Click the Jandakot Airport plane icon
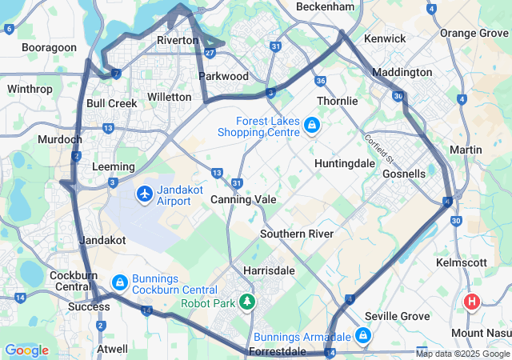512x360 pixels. click(145, 194)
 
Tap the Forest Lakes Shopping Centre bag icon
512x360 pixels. click(311, 125)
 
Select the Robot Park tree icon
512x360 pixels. click(248, 302)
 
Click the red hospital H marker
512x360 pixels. click(472, 302)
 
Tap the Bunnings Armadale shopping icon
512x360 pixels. click(363, 334)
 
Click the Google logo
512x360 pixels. click(26, 350)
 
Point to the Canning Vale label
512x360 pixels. click(243, 199)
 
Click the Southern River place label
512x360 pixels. click(297, 234)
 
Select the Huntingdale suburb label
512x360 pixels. click(346, 163)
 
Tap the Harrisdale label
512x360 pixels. click(269, 270)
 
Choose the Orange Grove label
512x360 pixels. click(474, 33)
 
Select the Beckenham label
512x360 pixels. click(325, 6)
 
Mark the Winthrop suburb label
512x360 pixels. click(29, 89)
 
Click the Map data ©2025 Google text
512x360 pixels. click(462, 354)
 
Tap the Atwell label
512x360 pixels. click(112, 349)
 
